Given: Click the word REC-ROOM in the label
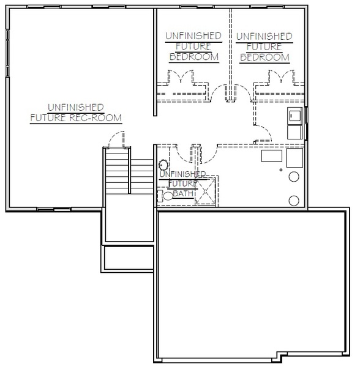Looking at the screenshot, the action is [x=96, y=117].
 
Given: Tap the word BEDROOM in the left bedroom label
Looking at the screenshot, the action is [x=194, y=57].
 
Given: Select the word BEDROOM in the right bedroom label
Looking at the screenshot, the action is [x=264, y=57].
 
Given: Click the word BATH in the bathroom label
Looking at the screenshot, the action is [x=183, y=194].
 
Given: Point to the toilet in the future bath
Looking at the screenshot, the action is [x=166, y=196].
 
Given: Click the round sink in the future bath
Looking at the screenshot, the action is [x=163, y=165].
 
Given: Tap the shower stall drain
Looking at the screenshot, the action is [x=206, y=191].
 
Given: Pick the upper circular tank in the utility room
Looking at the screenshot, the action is [x=294, y=177].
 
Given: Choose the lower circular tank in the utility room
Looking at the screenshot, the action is [x=294, y=201].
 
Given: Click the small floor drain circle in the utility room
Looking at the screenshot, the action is [x=281, y=170].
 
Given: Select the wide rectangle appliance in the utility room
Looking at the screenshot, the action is [x=272, y=156].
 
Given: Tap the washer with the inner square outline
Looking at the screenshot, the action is [x=295, y=115].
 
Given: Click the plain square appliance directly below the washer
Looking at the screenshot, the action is [x=295, y=133].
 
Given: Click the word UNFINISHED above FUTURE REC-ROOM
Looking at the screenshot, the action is [x=76, y=108].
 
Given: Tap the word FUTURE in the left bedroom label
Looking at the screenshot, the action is [x=193, y=46].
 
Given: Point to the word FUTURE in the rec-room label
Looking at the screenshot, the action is [x=48, y=117].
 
